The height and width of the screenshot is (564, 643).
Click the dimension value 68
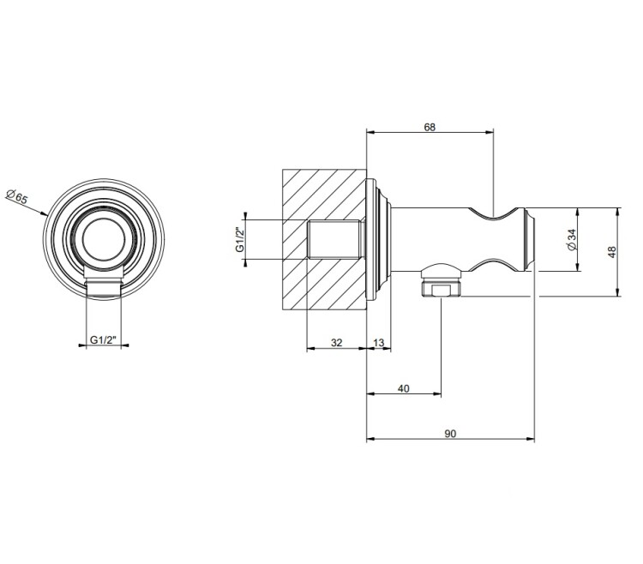tap(430, 128)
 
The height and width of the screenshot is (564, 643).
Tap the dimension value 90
tap(450, 434)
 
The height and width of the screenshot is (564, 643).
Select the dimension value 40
tap(404, 388)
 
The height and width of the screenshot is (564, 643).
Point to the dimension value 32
tap(336, 343)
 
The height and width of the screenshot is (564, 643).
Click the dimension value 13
tap(379, 343)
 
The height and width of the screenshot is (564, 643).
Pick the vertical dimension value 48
tap(612, 252)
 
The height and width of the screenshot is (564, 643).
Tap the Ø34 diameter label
tap(572, 240)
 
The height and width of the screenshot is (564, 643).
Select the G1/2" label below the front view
tap(104, 339)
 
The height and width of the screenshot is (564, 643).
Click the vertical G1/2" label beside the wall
tap(240, 239)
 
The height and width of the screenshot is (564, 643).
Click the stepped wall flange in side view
tap(378, 239)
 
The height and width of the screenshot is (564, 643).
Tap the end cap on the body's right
tap(530, 239)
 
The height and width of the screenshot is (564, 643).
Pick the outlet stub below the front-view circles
tap(104, 284)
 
